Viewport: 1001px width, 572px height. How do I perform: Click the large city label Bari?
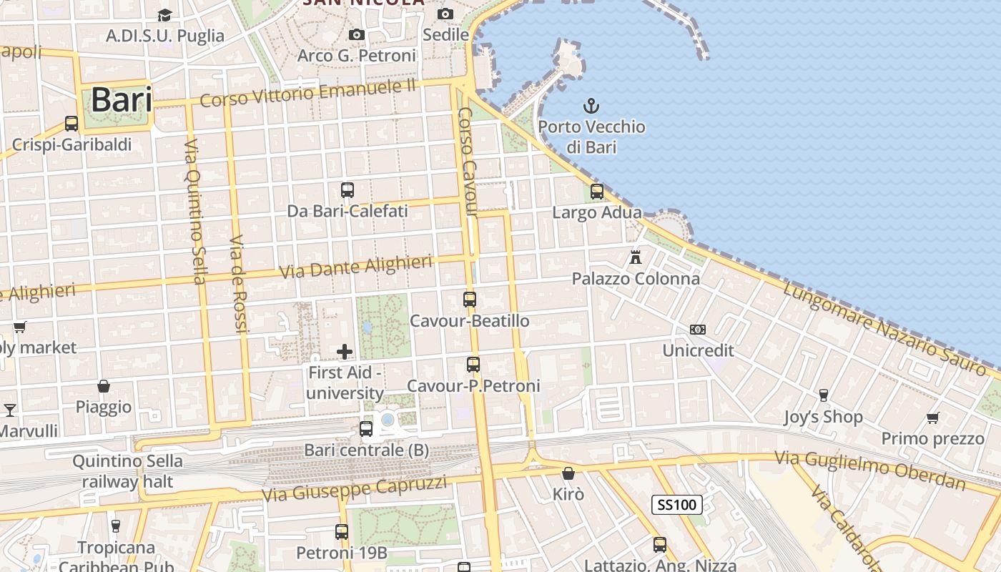[122, 100]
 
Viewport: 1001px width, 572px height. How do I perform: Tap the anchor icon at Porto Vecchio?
[591, 107]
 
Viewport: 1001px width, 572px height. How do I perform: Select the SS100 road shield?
[676, 505]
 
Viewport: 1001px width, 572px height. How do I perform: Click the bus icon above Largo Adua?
[597, 192]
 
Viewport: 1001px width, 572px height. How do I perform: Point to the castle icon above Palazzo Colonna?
[635, 257]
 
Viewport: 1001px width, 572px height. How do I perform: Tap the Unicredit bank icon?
[698, 330]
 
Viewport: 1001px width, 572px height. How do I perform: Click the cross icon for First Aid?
[345, 351]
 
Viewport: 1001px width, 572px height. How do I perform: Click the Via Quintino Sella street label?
[194, 210]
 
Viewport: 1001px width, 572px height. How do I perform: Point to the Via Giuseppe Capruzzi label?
[355, 489]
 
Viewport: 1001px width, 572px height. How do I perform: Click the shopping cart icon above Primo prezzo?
[932, 418]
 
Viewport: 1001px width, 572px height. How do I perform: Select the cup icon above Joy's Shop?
[823, 395]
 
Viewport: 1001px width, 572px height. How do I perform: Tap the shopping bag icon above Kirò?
[568, 473]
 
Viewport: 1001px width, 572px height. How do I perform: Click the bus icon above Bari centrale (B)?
[366, 429]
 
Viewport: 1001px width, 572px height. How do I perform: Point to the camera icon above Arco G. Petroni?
[356, 34]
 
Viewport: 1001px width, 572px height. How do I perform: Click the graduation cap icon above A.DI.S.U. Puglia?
[165, 15]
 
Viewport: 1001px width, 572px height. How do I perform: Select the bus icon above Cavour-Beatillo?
[470, 300]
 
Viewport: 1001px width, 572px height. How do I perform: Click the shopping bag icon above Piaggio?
[104, 386]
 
